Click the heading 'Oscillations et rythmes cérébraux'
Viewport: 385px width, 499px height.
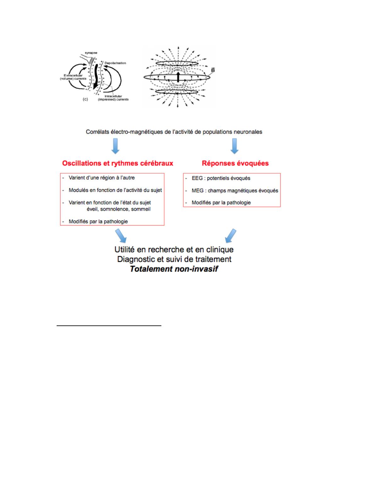(118, 163)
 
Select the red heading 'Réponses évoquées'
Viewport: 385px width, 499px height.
(235, 163)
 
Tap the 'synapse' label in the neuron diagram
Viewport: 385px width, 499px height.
(91, 53)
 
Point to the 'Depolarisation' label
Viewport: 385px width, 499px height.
(116, 63)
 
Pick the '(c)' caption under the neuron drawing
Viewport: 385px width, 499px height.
(85, 99)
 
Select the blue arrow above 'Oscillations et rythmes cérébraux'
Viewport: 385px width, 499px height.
(115, 146)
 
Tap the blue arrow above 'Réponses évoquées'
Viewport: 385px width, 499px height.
(234, 146)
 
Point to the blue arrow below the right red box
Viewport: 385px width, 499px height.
(231, 236)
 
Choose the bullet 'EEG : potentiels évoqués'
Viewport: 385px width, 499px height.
(221, 178)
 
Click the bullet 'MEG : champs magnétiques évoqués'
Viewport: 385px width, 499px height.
(235, 191)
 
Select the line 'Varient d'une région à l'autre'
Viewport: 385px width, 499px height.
(102, 178)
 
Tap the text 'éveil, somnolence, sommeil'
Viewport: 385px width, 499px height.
(119, 209)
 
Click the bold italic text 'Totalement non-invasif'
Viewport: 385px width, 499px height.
(174, 269)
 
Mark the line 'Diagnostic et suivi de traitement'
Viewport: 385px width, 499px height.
(174, 259)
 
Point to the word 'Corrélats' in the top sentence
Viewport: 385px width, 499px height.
(97, 132)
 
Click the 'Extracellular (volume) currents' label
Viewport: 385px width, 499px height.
(73, 77)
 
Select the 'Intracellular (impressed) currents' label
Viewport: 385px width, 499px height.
(113, 98)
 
